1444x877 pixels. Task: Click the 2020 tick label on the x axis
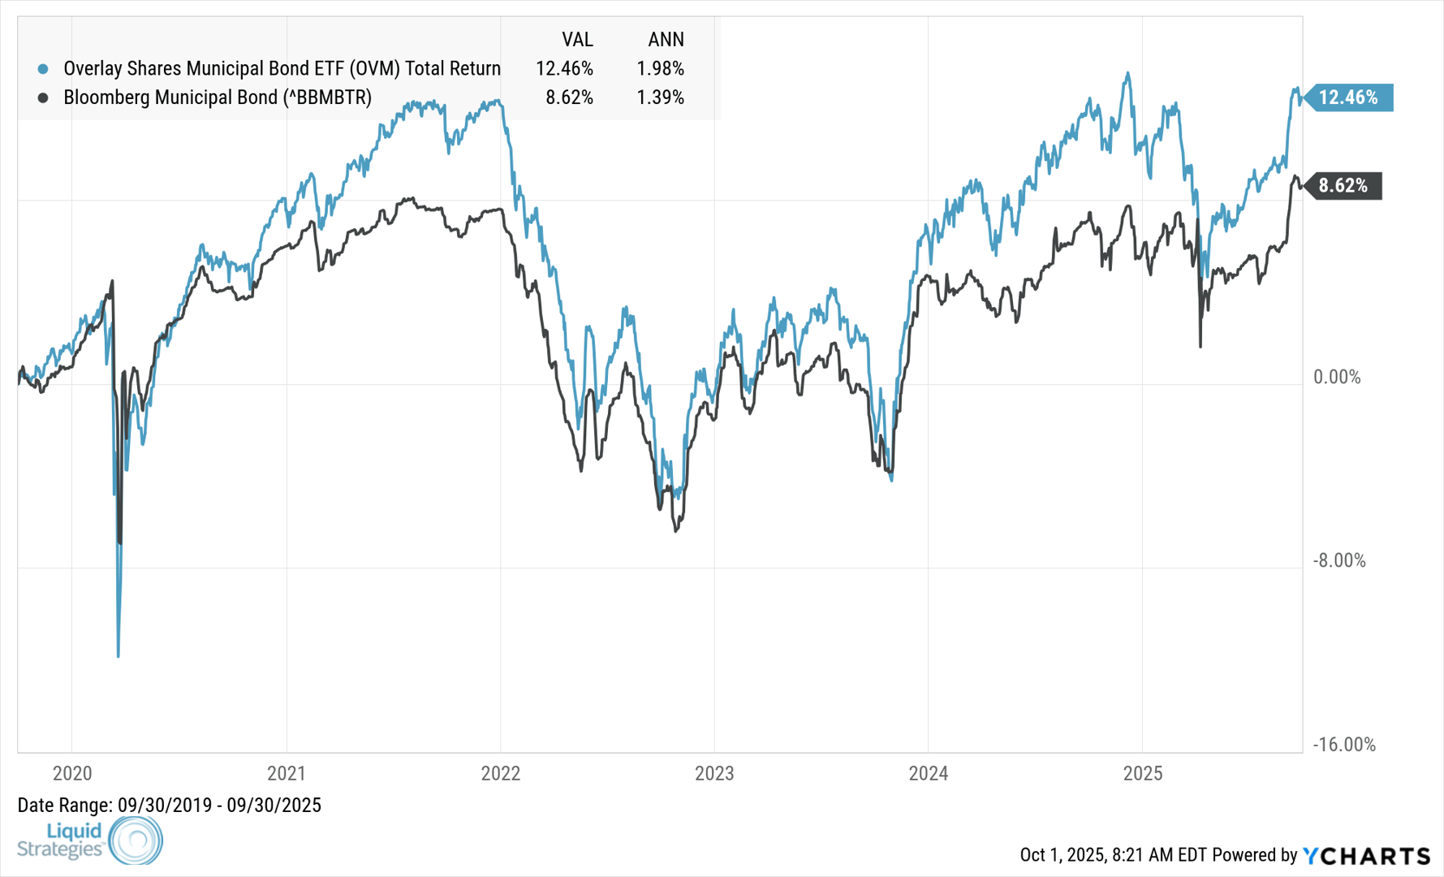click(x=72, y=773)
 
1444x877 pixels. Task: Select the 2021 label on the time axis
click(x=287, y=773)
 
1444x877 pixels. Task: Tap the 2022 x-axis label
click(x=500, y=773)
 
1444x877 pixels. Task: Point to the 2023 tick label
click(x=714, y=773)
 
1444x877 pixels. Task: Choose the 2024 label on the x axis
click(x=929, y=773)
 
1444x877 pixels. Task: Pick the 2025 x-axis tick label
click(x=1142, y=773)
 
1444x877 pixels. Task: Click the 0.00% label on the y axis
click(x=1337, y=377)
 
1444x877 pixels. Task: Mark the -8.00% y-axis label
click(x=1339, y=560)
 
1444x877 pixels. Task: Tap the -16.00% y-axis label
click(x=1344, y=745)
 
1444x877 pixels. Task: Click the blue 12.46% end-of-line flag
click(x=1348, y=97)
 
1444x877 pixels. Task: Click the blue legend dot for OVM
click(x=43, y=69)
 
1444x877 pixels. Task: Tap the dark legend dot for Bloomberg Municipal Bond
click(x=43, y=98)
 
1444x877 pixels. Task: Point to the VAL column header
click(x=577, y=40)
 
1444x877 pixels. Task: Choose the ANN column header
click(x=666, y=40)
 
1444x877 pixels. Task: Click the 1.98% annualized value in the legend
click(x=660, y=69)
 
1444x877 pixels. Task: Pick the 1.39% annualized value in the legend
click(x=660, y=98)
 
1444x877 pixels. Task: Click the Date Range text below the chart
click(x=170, y=806)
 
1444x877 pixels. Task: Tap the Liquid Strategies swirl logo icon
click(x=136, y=840)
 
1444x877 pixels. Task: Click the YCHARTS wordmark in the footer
click(x=1367, y=856)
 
